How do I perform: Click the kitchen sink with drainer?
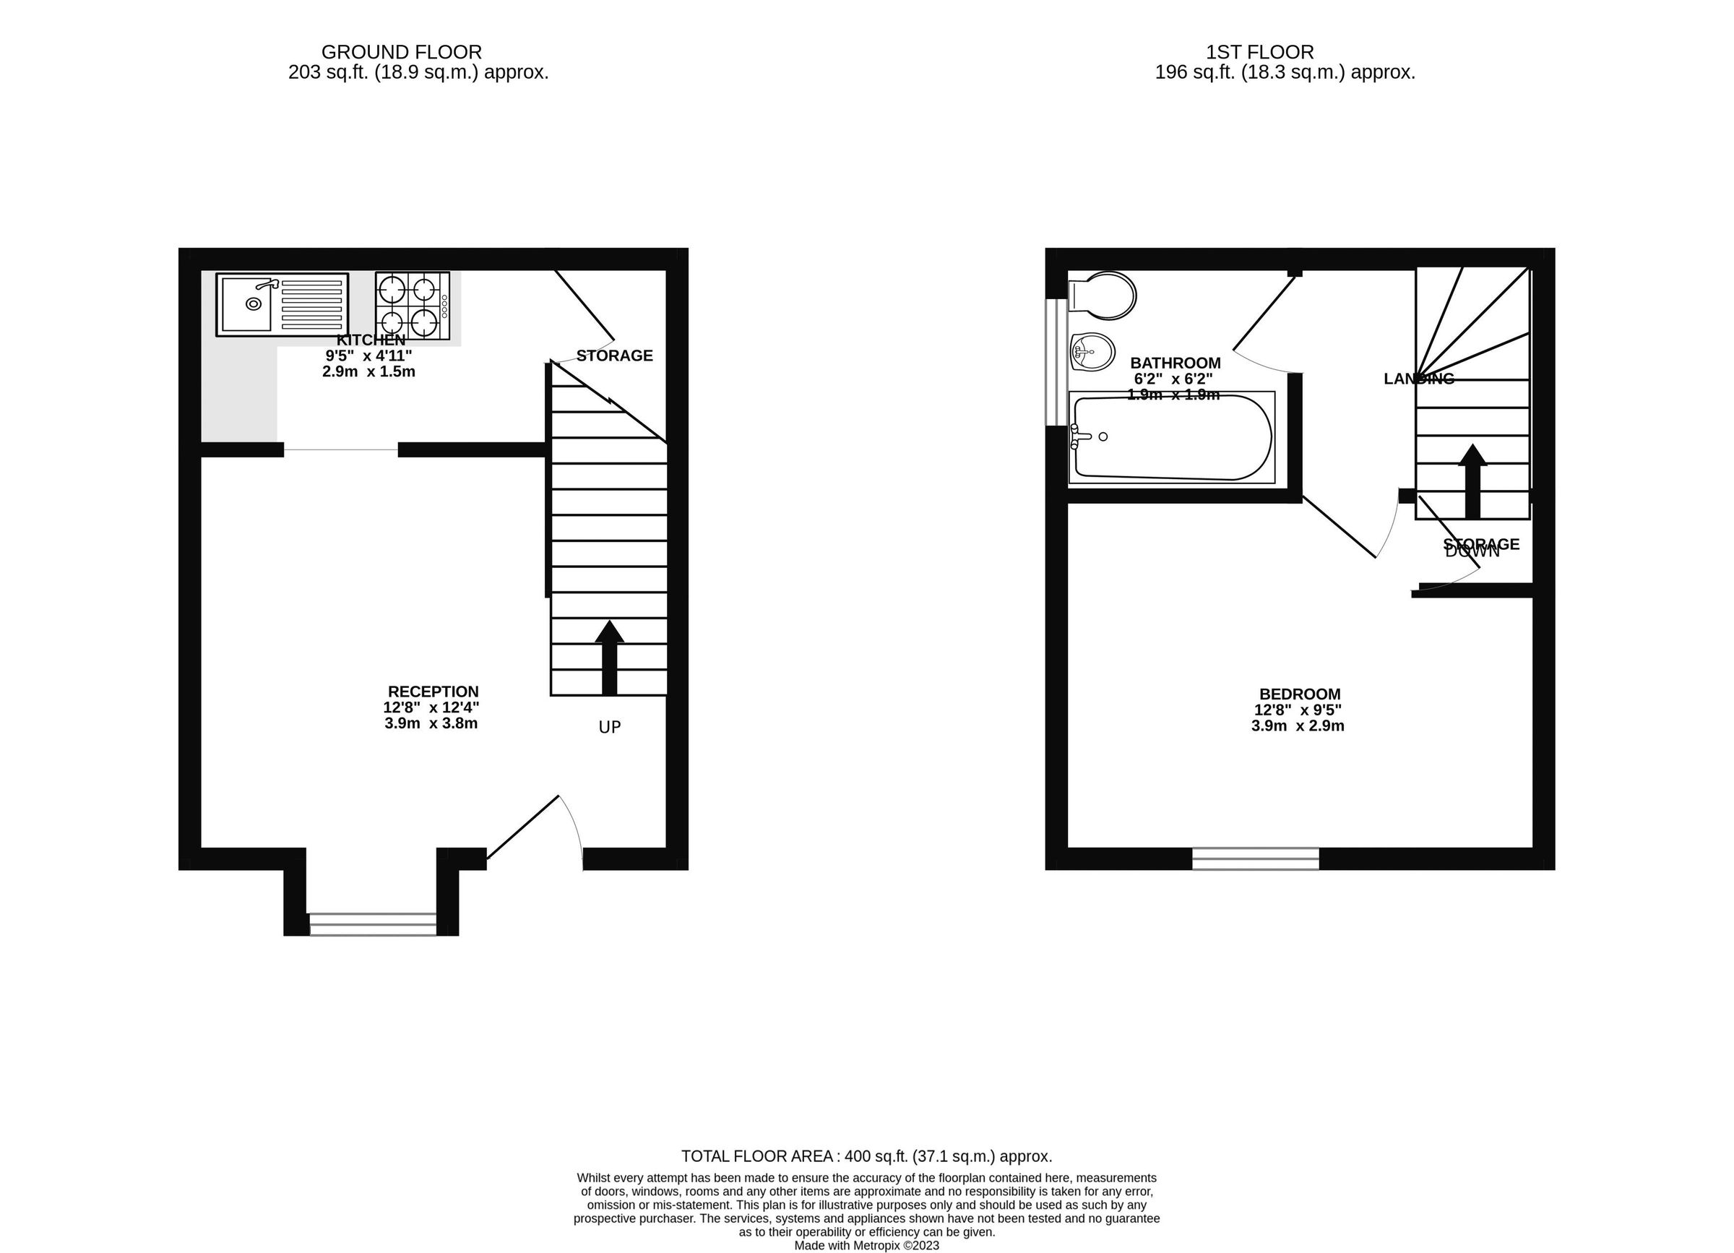pos(282,304)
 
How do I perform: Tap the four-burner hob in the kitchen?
pos(412,306)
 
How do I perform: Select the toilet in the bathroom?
pos(1103,296)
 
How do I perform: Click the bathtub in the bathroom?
pos(1171,437)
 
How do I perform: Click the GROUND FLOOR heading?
pos(402,52)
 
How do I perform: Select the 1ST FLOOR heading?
pos(1259,52)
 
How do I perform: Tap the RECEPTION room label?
pos(433,692)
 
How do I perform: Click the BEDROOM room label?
pos(1299,694)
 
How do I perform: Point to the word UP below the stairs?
pos(609,727)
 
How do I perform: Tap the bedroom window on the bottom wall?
pos(1256,858)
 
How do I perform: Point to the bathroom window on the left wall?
pos(1056,361)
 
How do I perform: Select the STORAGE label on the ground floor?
pos(614,356)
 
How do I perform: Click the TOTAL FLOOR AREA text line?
pos(866,1156)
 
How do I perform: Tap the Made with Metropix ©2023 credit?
pos(866,1245)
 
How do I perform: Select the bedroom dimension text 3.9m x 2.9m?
pos(1298,725)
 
